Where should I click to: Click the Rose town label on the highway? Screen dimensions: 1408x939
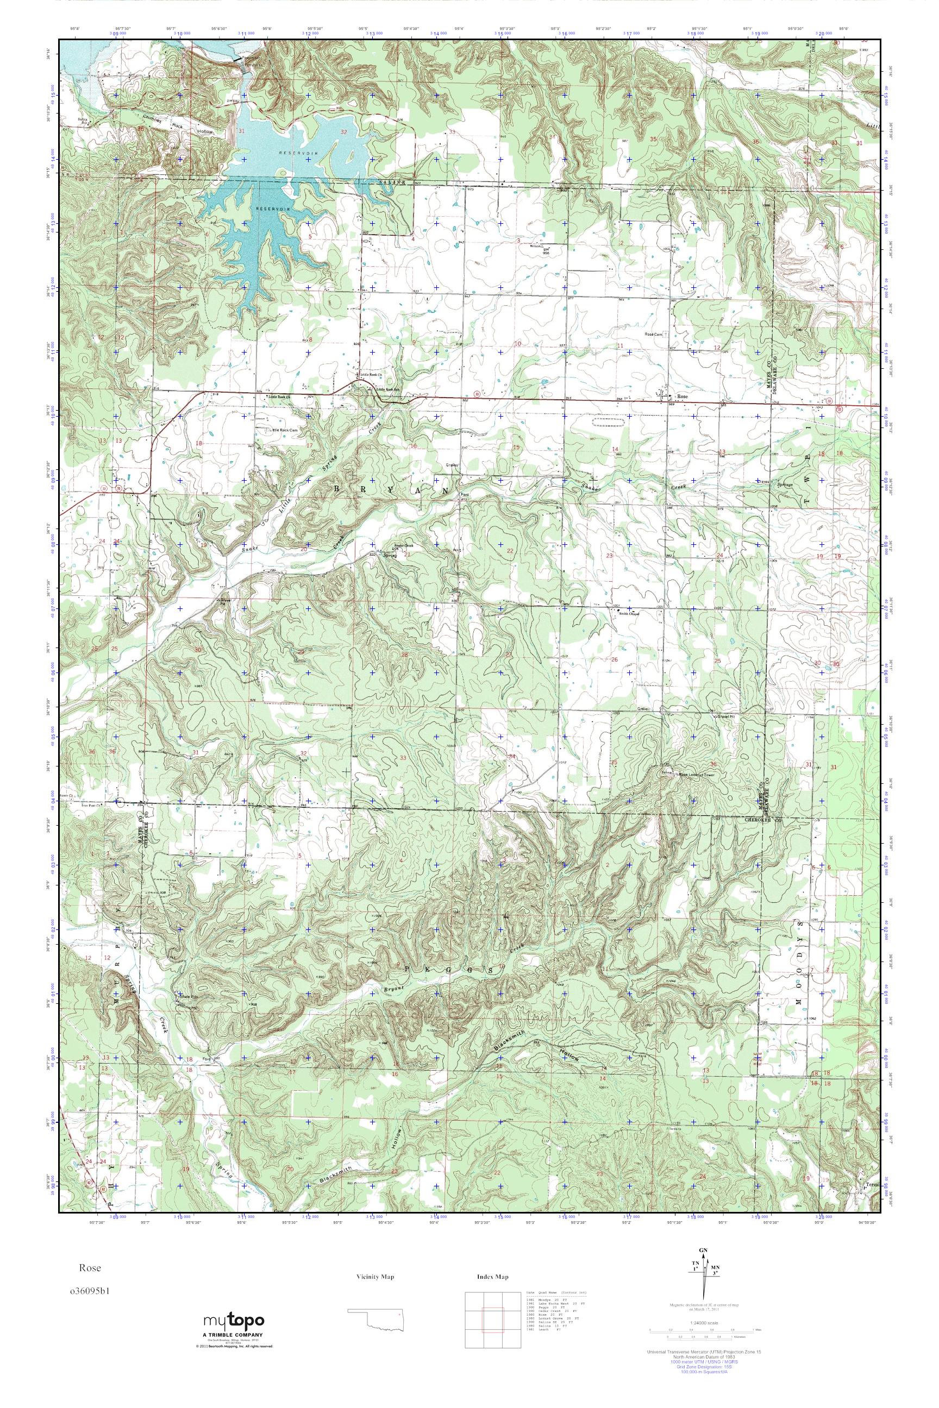[x=681, y=397]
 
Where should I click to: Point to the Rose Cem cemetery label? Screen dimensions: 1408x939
[x=654, y=334]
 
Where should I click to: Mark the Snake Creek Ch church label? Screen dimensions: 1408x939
[x=403, y=546]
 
